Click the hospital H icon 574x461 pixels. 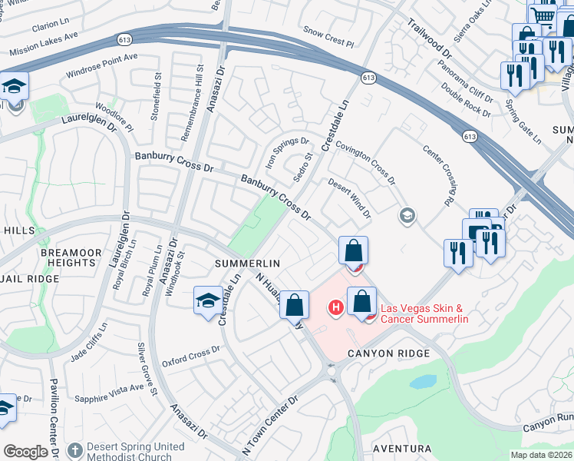click(x=335, y=308)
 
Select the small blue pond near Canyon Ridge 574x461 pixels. click(x=423, y=381)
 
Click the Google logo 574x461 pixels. click(x=25, y=452)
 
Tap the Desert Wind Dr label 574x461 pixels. click(x=349, y=197)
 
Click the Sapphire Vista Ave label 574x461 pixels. click(x=109, y=393)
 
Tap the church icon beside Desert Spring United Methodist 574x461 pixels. click(x=74, y=449)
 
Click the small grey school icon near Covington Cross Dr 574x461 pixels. click(x=406, y=217)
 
